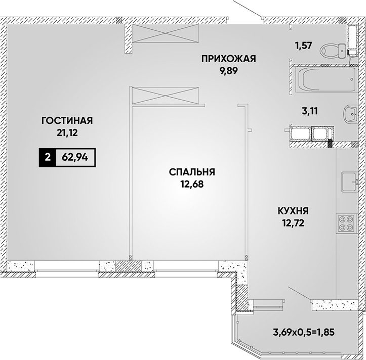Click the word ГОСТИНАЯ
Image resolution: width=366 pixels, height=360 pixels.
point(67,121)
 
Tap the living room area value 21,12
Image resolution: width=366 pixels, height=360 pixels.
point(67,133)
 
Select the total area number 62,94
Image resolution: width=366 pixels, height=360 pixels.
point(75,158)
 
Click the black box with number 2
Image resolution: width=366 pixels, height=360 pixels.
point(48,157)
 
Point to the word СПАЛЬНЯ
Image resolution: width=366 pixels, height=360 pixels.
point(192,172)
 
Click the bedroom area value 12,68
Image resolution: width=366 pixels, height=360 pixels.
point(192,185)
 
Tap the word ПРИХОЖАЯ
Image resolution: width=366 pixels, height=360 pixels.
point(229,59)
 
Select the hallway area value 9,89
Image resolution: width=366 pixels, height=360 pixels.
point(228,71)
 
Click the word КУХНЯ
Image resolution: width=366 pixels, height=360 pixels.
point(293,211)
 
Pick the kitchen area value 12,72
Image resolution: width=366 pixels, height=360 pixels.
point(293,223)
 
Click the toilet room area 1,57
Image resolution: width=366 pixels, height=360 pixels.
point(304,46)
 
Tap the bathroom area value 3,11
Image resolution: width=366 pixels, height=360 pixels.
point(310,111)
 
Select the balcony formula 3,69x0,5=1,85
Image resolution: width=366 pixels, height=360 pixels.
point(304,332)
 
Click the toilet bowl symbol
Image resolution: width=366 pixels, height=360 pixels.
point(333,51)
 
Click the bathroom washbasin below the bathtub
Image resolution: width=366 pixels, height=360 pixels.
point(350,114)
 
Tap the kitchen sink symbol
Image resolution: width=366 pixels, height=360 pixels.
point(350,182)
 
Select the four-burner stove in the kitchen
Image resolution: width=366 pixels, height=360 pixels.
point(347,223)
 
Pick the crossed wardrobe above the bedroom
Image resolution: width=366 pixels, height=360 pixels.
point(164,96)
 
